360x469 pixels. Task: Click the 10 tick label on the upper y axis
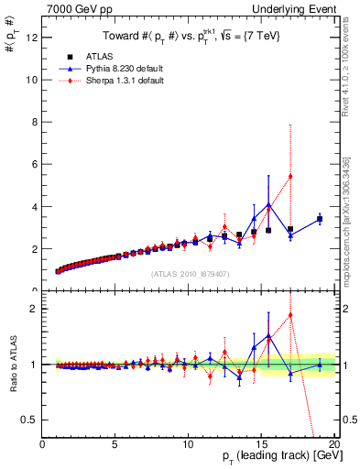(x=31, y=80)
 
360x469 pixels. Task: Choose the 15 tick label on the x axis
(x=261, y=446)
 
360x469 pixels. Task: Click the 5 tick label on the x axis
(x=115, y=446)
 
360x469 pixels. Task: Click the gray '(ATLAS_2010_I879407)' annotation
(x=189, y=274)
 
